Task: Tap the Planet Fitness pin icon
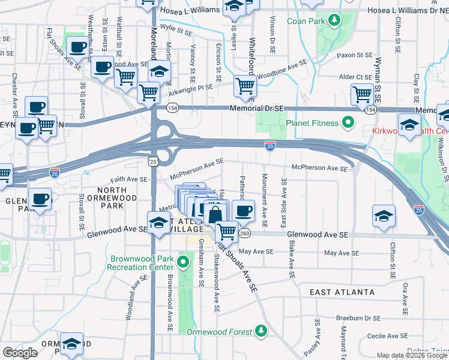pyautogui.click(x=348, y=124)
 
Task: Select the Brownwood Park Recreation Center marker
pyautogui.click(x=185, y=262)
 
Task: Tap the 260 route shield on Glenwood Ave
pyautogui.click(x=244, y=233)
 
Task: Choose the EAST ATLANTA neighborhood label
pyautogui.click(x=342, y=292)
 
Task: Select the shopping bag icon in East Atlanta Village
pyautogui.click(x=215, y=213)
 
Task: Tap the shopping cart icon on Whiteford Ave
pyautogui.click(x=245, y=86)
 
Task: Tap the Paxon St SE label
pyautogui.click(x=355, y=55)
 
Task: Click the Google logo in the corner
pyautogui.click(x=20, y=352)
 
